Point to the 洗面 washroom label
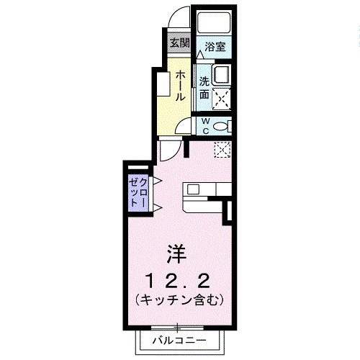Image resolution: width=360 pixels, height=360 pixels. point(204,88)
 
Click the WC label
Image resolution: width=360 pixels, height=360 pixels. point(204,126)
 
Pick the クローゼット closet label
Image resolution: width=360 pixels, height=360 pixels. point(138,192)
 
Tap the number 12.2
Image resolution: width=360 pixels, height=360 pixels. point(178,279)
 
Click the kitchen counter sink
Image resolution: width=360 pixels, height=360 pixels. point(194,190)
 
